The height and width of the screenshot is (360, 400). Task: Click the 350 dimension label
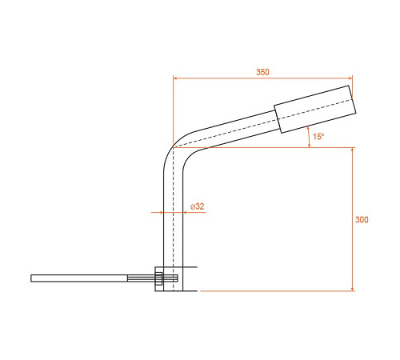262,72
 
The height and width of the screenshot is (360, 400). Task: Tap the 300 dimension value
362,219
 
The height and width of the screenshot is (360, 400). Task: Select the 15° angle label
318,137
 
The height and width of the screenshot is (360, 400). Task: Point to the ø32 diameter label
198,206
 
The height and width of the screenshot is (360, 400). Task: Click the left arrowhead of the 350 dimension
175,78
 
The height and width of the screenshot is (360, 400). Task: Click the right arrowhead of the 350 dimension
350,78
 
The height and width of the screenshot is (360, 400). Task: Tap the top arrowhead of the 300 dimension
352,150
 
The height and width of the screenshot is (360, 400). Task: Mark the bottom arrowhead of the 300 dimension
352,289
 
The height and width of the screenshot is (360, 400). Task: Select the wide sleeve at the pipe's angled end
315,109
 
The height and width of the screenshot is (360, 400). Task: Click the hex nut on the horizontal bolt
158,278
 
